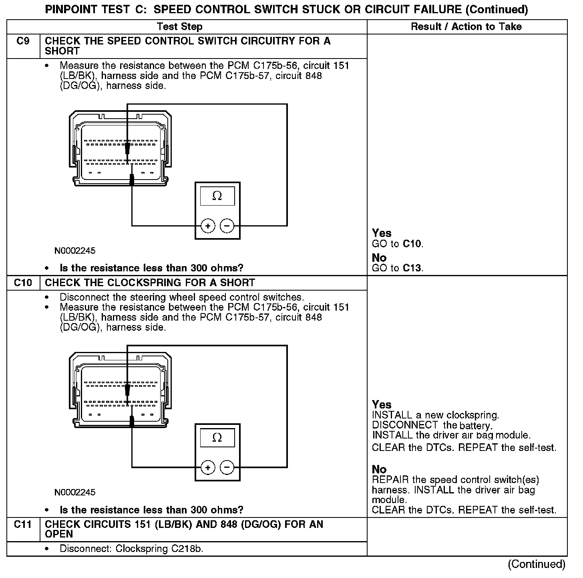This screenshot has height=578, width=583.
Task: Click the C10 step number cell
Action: (x=23, y=283)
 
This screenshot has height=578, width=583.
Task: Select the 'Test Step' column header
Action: (x=180, y=27)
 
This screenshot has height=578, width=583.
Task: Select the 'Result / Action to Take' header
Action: (x=466, y=27)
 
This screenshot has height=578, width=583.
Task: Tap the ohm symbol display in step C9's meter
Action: (x=217, y=196)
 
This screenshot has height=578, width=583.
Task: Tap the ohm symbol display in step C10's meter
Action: (x=217, y=437)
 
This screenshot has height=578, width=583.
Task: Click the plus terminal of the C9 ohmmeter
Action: (x=207, y=226)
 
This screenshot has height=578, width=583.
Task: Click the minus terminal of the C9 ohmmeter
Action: (x=227, y=226)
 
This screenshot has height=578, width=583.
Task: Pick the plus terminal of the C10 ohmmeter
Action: (x=207, y=468)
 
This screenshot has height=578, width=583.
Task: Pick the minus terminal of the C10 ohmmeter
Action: (x=227, y=468)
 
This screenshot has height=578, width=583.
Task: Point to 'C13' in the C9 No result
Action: (x=412, y=268)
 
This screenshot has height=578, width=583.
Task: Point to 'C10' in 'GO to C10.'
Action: (x=412, y=244)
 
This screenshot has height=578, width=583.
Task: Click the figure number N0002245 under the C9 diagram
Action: (x=75, y=251)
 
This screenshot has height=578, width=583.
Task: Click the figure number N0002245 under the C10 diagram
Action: (x=75, y=492)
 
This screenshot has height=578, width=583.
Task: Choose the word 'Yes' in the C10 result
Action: (x=382, y=404)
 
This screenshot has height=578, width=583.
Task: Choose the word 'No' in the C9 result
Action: (x=379, y=257)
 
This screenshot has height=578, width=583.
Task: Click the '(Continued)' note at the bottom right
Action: (x=537, y=564)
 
